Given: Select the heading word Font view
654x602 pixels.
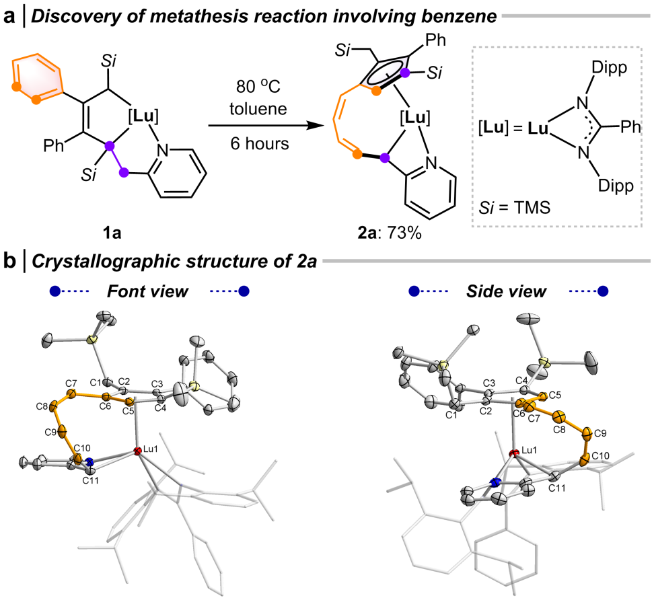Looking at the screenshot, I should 148,292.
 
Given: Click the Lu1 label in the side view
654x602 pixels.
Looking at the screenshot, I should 530,449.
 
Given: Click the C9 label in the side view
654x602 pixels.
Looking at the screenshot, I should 602,432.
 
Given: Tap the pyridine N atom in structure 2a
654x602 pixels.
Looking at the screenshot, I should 431,163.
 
